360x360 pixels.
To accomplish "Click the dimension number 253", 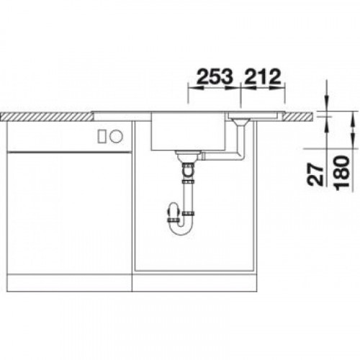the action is (215, 76).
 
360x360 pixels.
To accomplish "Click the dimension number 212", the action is (263, 76).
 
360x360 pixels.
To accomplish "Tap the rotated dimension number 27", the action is (315, 174).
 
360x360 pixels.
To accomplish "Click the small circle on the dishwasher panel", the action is (116, 136).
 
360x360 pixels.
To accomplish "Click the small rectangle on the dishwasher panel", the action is (102, 136).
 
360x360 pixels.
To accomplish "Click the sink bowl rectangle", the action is (188, 131).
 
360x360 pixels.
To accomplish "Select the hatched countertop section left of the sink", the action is (47, 117).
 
